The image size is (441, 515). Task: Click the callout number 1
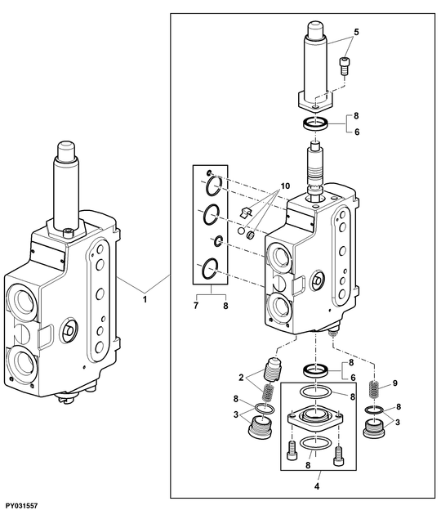pos(145,300)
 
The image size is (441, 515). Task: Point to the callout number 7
pos(196,305)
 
